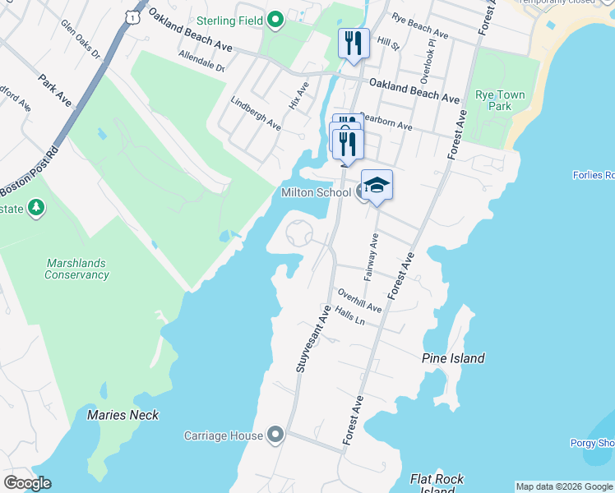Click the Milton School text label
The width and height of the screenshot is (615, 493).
click(316, 192)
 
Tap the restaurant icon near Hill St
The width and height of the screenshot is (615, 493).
click(354, 44)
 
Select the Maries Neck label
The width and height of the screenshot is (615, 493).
click(123, 415)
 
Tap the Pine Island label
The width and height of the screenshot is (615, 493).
click(453, 358)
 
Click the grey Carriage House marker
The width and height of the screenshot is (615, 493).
click(275, 435)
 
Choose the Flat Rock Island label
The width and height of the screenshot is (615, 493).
click(437, 482)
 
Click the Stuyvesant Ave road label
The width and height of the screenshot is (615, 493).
click(314, 339)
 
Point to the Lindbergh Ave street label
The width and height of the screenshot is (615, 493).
click(256, 115)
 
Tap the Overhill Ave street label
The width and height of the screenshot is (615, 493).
click(358, 301)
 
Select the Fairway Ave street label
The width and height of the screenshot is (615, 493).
click(371, 256)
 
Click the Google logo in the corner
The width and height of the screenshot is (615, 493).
click(27, 482)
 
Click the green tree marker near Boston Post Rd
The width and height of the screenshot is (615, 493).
click(35, 208)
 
